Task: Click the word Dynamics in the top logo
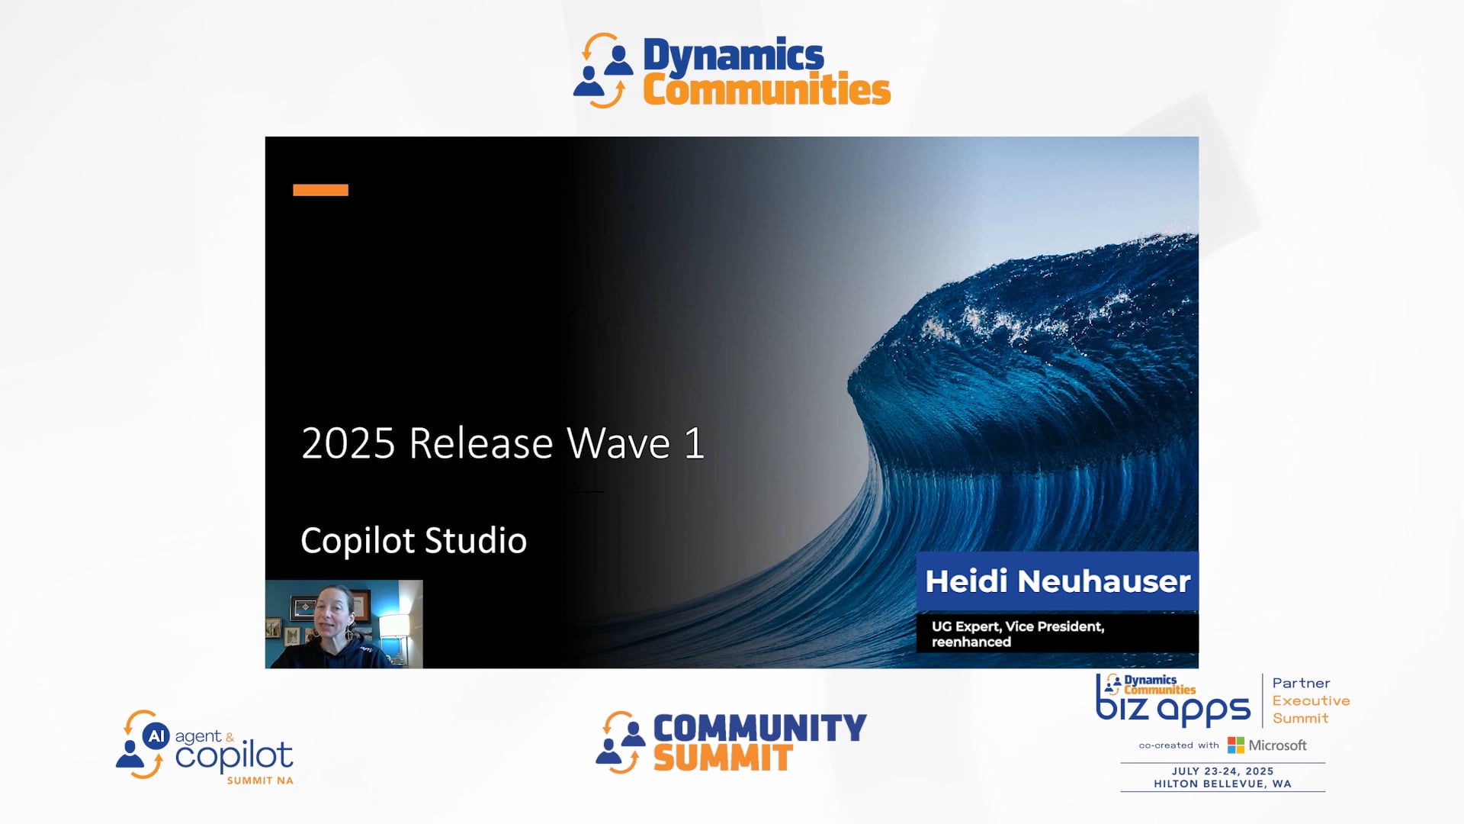[733, 56]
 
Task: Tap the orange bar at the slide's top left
[320, 190]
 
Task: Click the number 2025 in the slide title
[348, 443]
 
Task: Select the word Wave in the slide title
[618, 443]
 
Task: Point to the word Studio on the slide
[475, 541]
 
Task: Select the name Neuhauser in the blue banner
[1103, 581]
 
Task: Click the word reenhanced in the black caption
[971, 642]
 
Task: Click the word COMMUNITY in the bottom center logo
[759, 728]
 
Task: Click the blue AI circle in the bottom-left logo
[156, 736]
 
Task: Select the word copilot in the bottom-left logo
[233, 756]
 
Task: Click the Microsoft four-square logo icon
[1235, 745]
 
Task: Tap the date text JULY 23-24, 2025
[1222, 771]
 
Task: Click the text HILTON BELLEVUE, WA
[1222, 784]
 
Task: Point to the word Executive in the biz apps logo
[1311, 700]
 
